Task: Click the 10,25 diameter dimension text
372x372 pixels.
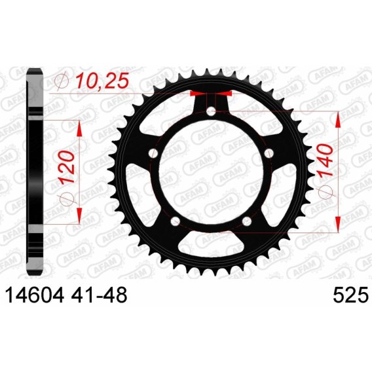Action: pyautogui.click(x=102, y=81)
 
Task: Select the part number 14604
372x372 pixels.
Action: pyautogui.click(x=35, y=295)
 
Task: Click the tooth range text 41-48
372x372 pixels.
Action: pyautogui.click(x=99, y=295)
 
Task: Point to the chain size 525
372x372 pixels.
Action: pyautogui.click(x=350, y=295)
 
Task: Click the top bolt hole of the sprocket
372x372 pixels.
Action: pyautogui.click(x=211, y=111)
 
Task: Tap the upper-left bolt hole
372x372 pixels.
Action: pyautogui.click(x=153, y=153)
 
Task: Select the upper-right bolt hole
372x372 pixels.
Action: pyautogui.click(x=269, y=153)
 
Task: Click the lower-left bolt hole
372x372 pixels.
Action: pyautogui.click(x=176, y=221)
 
